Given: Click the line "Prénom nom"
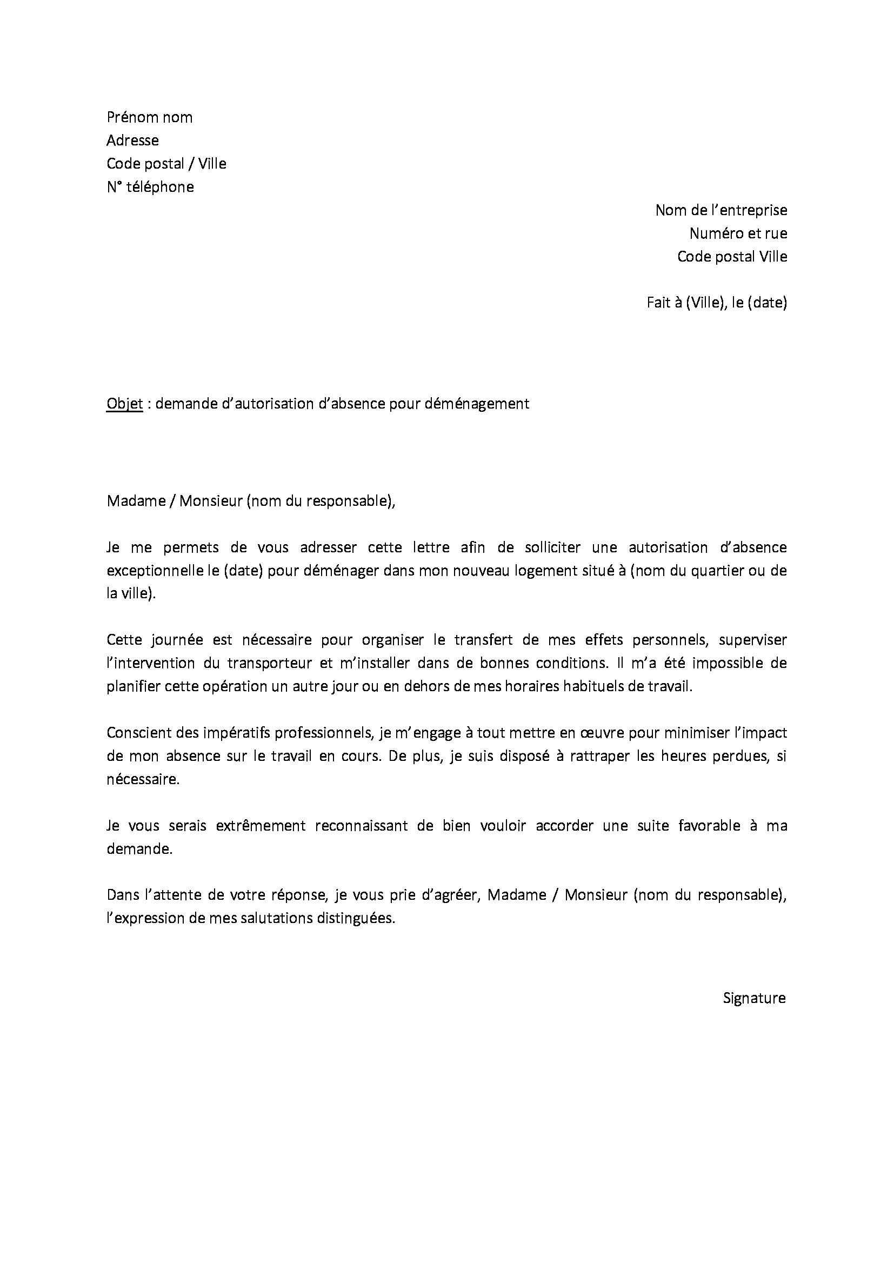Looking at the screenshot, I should pos(149,117).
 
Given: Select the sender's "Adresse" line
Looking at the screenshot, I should pos(132,141).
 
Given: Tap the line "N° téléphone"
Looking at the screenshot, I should pos(150,187).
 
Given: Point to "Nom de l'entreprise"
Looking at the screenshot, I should pos(721,210).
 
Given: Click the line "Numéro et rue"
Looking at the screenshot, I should pos(738,233).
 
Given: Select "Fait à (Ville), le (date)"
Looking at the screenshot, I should pos(717,302).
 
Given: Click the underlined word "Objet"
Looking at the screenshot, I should pos(124,404).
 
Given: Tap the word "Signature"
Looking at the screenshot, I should pos(754,998).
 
